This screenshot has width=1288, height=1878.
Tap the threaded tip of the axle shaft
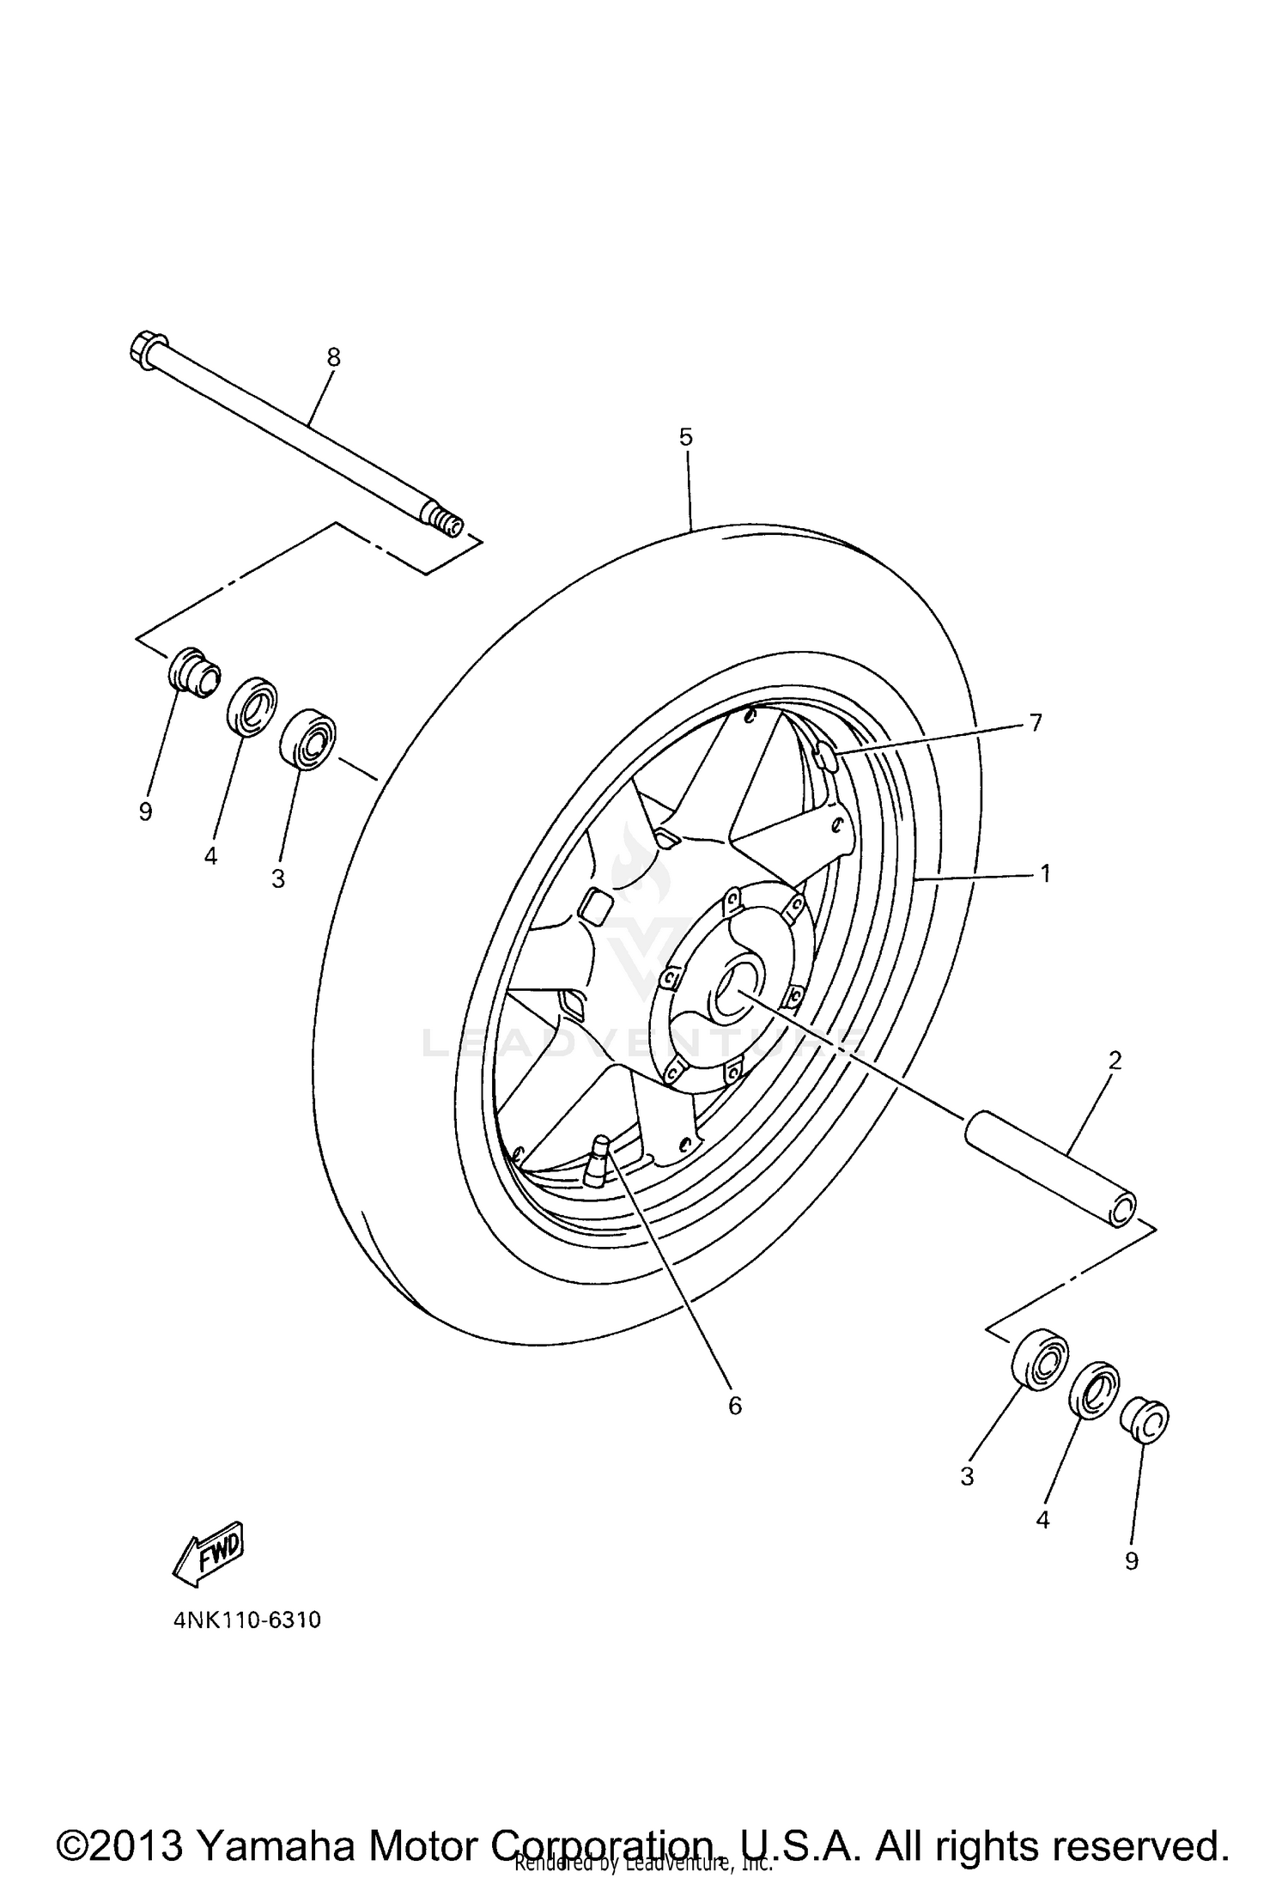coord(448,522)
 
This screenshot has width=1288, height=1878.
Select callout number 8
coord(333,357)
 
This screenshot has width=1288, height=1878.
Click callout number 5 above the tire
coord(684,437)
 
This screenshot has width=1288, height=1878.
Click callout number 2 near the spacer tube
coord(1114,1061)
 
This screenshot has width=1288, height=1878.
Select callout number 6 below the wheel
coord(734,1406)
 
